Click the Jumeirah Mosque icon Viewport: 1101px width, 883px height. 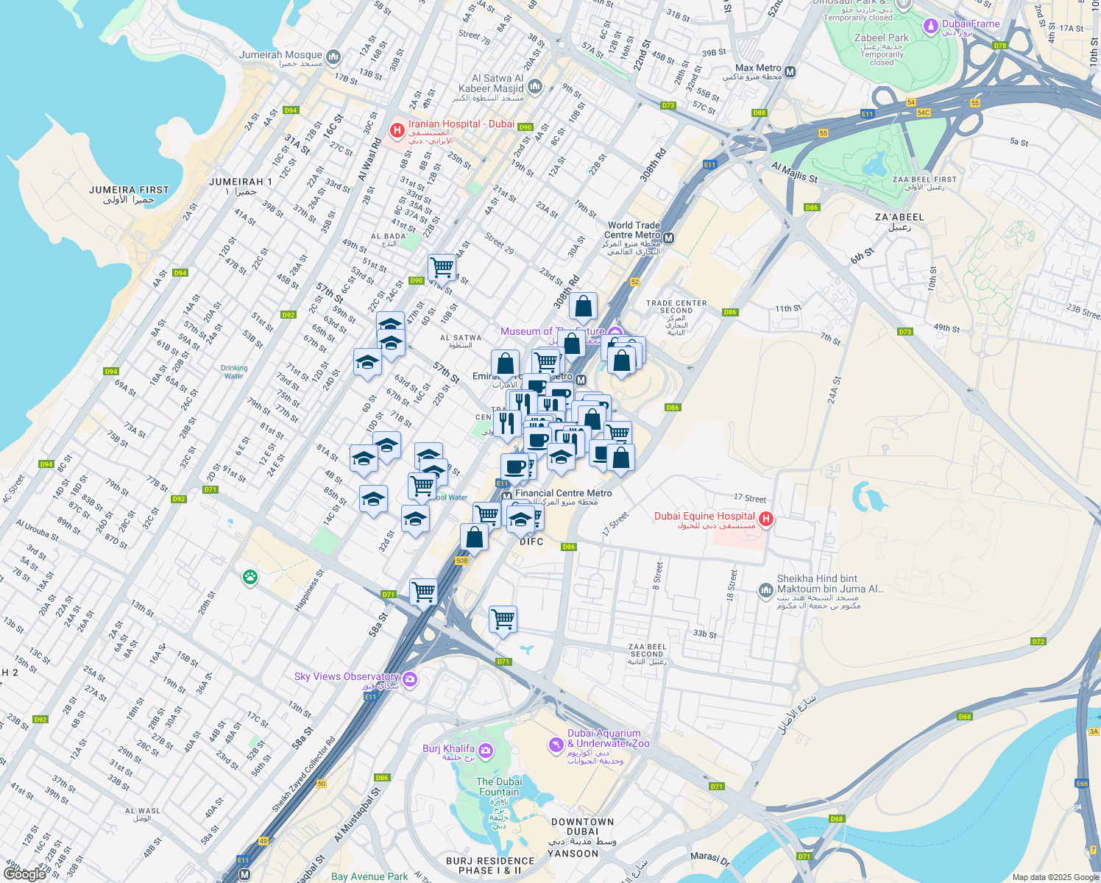point(333,57)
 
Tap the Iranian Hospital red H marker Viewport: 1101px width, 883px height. point(397,130)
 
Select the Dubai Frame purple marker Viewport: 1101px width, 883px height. point(931,26)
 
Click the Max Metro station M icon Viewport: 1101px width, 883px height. point(790,72)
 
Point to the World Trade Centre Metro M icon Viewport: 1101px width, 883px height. point(669,238)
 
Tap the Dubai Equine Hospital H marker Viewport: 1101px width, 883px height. point(765,519)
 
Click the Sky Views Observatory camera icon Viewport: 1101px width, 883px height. point(410,679)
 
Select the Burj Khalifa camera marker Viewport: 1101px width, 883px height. point(485,751)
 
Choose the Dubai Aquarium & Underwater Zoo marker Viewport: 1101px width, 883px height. point(556,745)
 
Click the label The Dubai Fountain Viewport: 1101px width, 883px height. point(499,787)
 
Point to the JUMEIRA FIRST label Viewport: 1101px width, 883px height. point(129,190)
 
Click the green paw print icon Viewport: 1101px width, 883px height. point(250,577)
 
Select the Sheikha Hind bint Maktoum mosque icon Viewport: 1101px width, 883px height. point(765,589)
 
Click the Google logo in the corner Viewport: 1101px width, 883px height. point(24,873)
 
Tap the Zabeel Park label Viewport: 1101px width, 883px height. point(882,38)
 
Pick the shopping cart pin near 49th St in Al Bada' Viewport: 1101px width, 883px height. point(442,266)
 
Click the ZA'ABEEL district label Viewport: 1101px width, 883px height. point(899,217)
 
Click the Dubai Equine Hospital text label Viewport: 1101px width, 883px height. point(704,516)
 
